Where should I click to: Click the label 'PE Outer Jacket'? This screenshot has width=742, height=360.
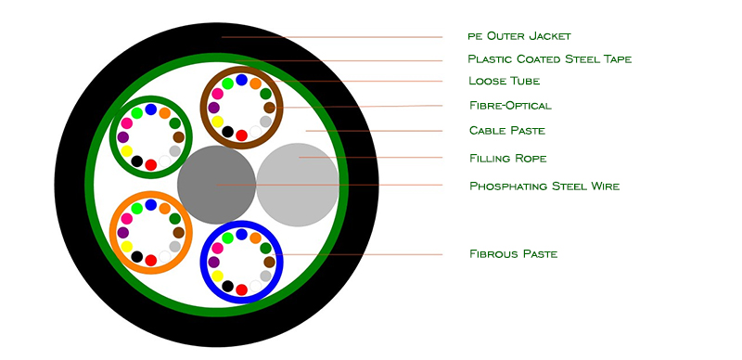[x=519, y=36]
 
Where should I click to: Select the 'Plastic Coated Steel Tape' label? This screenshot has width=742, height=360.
[x=549, y=58]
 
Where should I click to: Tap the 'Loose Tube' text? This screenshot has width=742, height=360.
[x=504, y=81]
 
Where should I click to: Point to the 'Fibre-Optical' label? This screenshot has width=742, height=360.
[x=511, y=105]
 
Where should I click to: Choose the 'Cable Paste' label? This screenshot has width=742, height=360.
[x=506, y=130]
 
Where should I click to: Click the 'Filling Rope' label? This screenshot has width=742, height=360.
[x=507, y=158]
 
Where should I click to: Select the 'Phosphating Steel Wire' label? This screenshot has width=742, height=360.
[x=544, y=186]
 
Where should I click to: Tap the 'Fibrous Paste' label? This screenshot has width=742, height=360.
[x=513, y=254]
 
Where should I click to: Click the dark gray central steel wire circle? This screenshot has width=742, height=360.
[x=216, y=185]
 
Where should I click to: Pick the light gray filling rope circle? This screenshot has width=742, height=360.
[x=298, y=185]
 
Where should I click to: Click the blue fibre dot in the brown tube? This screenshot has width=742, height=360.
[x=241, y=80]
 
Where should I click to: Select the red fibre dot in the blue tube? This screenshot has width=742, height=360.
[x=241, y=289]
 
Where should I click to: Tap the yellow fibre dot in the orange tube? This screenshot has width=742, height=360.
[x=126, y=247]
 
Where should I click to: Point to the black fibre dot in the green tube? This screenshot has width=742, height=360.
[x=136, y=161]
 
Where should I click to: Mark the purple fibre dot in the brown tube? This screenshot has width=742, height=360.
[x=213, y=108]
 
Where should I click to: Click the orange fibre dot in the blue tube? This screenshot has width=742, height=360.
[x=256, y=238]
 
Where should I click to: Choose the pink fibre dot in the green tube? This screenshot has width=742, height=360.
[x=126, y=123]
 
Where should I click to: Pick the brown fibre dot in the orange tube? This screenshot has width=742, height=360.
[x=178, y=233]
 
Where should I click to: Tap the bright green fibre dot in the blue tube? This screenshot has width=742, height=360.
[x=227, y=238]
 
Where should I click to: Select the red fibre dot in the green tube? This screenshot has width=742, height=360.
[x=150, y=165]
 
